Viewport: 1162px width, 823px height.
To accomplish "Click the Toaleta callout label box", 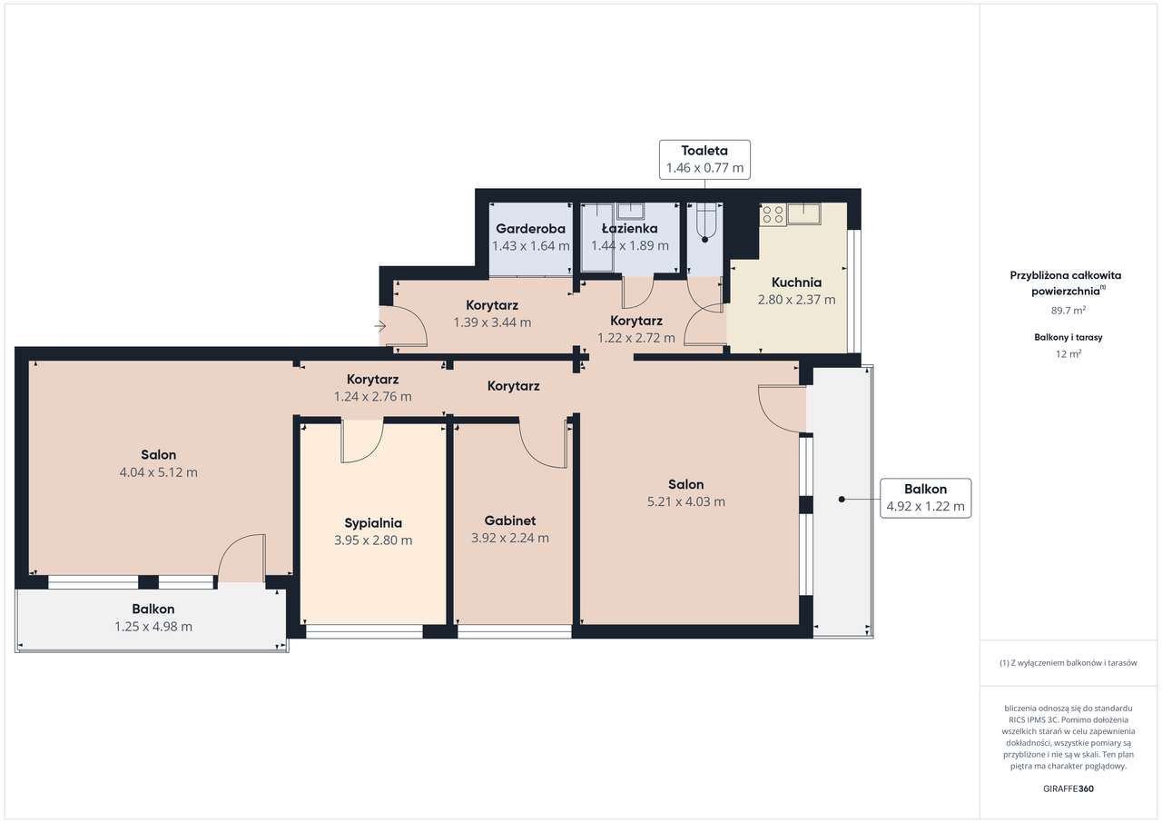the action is pyautogui.click(x=704, y=159).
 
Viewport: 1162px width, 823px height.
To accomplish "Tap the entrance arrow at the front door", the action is pyautogui.click(x=379, y=326).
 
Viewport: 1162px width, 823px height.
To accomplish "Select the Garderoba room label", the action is pyautogui.click(x=530, y=228).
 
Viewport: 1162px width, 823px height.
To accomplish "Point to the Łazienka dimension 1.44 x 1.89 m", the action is pyautogui.click(x=630, y=245).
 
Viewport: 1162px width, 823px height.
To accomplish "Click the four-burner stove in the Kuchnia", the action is pyautogui.click(x=773, y=214).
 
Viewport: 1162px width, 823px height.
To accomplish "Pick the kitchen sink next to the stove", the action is pyautogui.click(x=804, y=213).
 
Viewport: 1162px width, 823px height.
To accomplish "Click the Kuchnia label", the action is pyautogui.click(x=796, y=283).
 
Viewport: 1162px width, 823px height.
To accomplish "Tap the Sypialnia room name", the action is pyautogui.click(x=373, y=523).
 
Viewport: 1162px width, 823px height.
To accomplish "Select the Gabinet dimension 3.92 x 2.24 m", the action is pyautogui.click(x=510, y=538).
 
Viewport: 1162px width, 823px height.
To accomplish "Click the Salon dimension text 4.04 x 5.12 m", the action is pyautogui.click(x=158, y=472).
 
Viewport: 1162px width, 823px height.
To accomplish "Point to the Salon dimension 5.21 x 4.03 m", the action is pyautogui.click(x=685, y=501).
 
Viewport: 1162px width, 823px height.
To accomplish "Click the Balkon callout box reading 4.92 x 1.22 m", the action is pyautogui.click(x=925, y=498).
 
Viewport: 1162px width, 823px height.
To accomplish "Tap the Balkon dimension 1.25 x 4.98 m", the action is pyautogui.click(x=153, y=626).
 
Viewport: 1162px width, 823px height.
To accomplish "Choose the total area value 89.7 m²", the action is pyautogui.click(x=1068, y=311).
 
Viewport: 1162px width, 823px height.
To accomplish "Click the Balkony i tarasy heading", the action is pyautogui.click(x=1068, y=337).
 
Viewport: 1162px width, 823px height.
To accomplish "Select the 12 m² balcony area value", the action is pyautogui.click(x=1068, y=354).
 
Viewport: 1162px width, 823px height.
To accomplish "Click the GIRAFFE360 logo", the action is pyautogui.click(x=1068, y=788).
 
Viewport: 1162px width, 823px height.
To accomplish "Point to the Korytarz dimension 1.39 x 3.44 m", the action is pyautogui.click(x=492, y=322).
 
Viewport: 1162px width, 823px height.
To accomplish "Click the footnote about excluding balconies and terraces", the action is pyautogui.click(x=1068, y=662).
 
